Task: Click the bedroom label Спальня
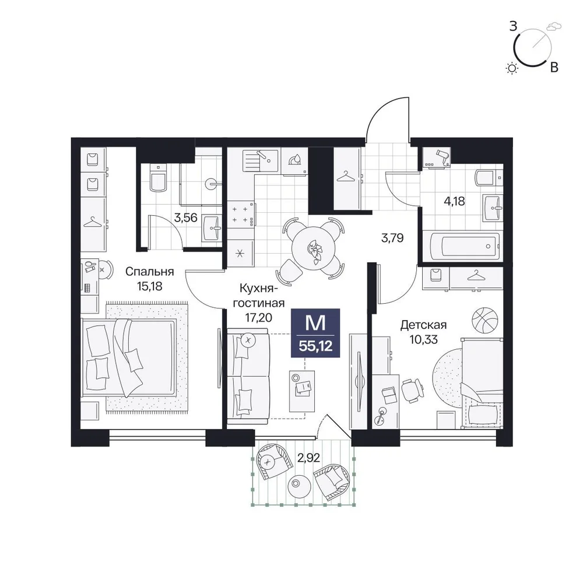coord(149,272)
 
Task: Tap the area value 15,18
coord(149,287)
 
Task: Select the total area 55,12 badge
coord(315,333)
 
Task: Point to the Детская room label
coord(423,325)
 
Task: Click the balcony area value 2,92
coord(308,458)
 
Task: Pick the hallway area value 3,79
coord(392,238)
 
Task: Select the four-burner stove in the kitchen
coord(241,215)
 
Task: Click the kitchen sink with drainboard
coord(260,160)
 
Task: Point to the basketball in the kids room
coord(484,319)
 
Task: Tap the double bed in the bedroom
coord(129,357)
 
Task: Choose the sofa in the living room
coord(248,376)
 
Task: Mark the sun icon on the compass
coord(512,68)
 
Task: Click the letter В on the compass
coord(554,67)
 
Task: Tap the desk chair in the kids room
coord(412,391)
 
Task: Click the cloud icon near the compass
coord(554,26)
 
